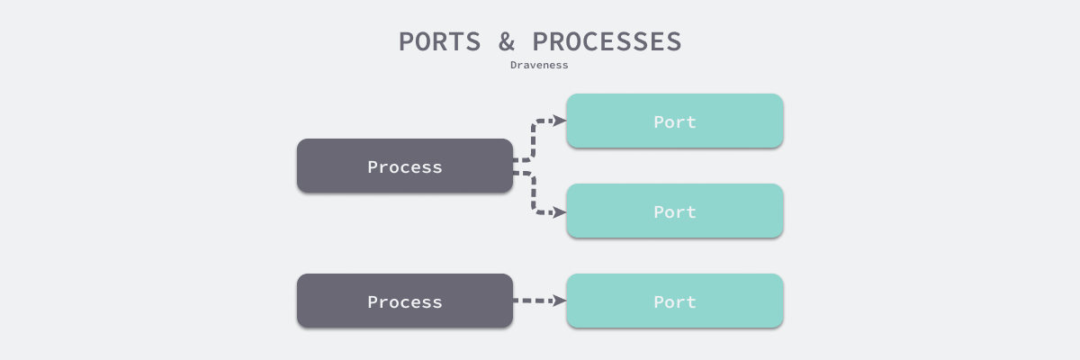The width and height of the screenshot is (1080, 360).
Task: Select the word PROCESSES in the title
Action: [607, 41]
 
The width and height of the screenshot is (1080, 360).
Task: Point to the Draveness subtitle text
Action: [539, 65]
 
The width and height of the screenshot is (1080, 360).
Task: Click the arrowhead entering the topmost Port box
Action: [559, 121]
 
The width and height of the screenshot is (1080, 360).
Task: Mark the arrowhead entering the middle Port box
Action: [559, 212]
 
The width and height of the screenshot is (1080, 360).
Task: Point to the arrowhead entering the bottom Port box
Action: [559, 301]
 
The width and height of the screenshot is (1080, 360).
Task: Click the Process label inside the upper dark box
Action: [404, 167]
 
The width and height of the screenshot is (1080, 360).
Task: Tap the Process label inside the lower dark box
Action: [404, 302]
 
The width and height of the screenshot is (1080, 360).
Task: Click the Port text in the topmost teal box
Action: [674, 122]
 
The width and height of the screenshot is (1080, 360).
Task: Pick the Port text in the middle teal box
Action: [674, 212]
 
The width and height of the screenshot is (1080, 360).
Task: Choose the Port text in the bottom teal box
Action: [674, 302]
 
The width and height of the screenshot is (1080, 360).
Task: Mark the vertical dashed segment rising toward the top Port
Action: [534, 139]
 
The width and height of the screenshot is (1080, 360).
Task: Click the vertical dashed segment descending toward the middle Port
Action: [534, 192]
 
